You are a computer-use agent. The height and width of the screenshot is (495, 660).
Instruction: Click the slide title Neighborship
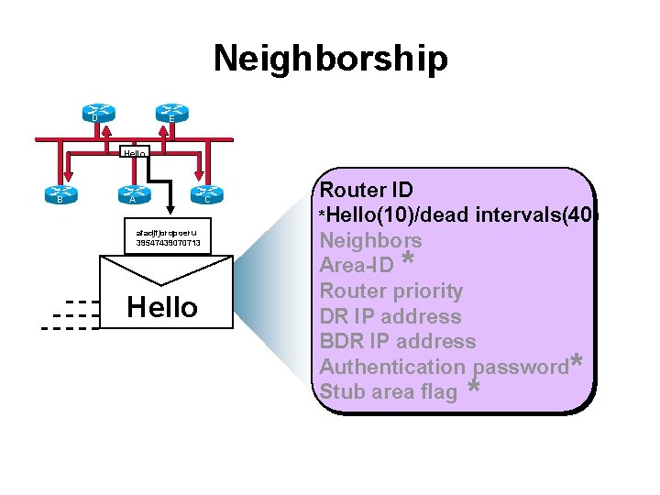pyautogui.click(x=330, y=59)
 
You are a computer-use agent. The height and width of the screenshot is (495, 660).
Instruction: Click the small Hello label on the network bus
pyautogui.click(x=135, y=153)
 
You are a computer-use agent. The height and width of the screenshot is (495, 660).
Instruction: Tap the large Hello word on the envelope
pyautogui.click(x=162, y=307)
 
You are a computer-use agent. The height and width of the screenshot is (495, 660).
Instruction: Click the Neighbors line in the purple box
pyautogui.click(x=370, y=241)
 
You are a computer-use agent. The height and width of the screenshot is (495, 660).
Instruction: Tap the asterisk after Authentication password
pyautogui.click(x=576, y=362)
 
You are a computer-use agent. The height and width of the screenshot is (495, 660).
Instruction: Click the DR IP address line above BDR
pyautogui.click(x=390, y=316)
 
